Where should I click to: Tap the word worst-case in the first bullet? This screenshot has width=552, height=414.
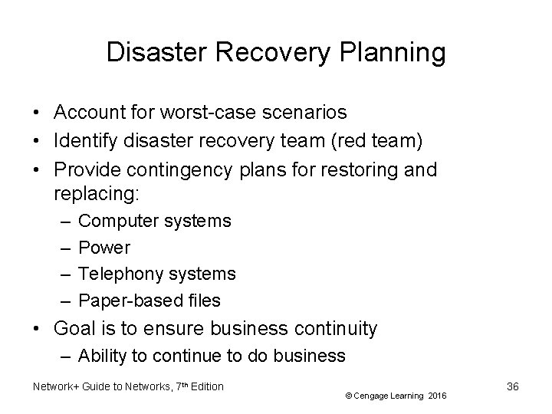click(x=195, y=113)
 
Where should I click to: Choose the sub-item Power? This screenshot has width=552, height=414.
click(x=104, y=248)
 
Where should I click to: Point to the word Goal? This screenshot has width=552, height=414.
click(x=74, y=330)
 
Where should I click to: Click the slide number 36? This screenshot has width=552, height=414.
click(x=512, y=386)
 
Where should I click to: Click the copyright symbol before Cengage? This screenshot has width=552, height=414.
click(x=349, y=396)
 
